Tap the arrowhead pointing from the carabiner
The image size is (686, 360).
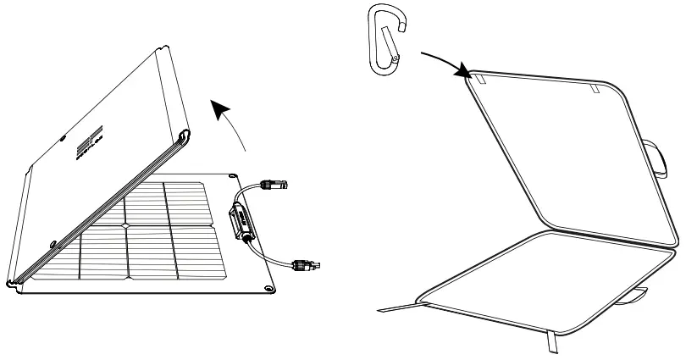(x=464, y=74)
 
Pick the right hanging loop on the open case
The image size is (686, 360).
(x=595, y=88)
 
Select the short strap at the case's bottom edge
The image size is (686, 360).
(x=554, y=341)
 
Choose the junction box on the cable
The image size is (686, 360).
(x=240, y=221)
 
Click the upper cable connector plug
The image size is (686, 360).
(x=274, y=181)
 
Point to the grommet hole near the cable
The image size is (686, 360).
(x=232, y=175)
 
